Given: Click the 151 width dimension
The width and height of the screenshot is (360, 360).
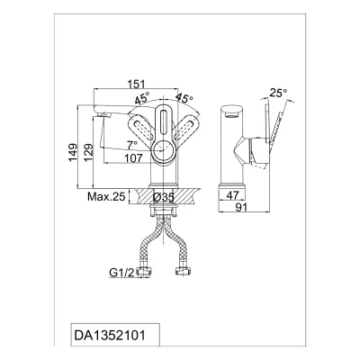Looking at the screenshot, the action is (x=138, y=84).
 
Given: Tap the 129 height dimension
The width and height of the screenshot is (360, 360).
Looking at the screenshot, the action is (x=89, y=153).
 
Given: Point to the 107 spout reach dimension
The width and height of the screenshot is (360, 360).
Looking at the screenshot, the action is (x=133, y=157).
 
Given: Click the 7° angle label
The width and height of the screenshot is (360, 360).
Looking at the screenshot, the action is (x=132, y=145).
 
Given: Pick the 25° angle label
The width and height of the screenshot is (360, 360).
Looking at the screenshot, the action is (x=278, y=93).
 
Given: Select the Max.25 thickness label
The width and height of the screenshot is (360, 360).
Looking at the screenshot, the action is (x=106, y=197).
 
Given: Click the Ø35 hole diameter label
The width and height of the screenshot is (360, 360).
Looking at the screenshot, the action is (x=164, y=197).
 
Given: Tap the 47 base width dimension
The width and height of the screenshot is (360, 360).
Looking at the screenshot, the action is (x=232, y=195).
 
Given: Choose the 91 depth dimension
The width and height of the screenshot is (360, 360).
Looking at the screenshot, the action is (x=241, y=207).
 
